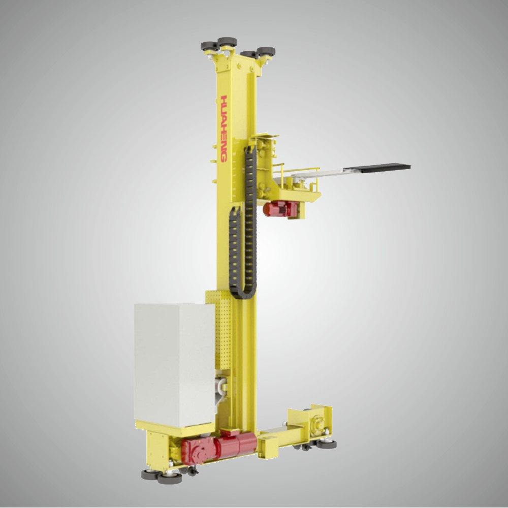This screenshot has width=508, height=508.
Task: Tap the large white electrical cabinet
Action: pos(173,363)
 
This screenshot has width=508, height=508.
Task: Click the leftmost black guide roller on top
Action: pos(209,46)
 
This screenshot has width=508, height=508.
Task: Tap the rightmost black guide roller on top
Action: pos(266,51)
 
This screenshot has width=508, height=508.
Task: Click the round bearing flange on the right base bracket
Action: pos(318,422)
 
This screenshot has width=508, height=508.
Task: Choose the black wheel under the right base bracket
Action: pos(327,444)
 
